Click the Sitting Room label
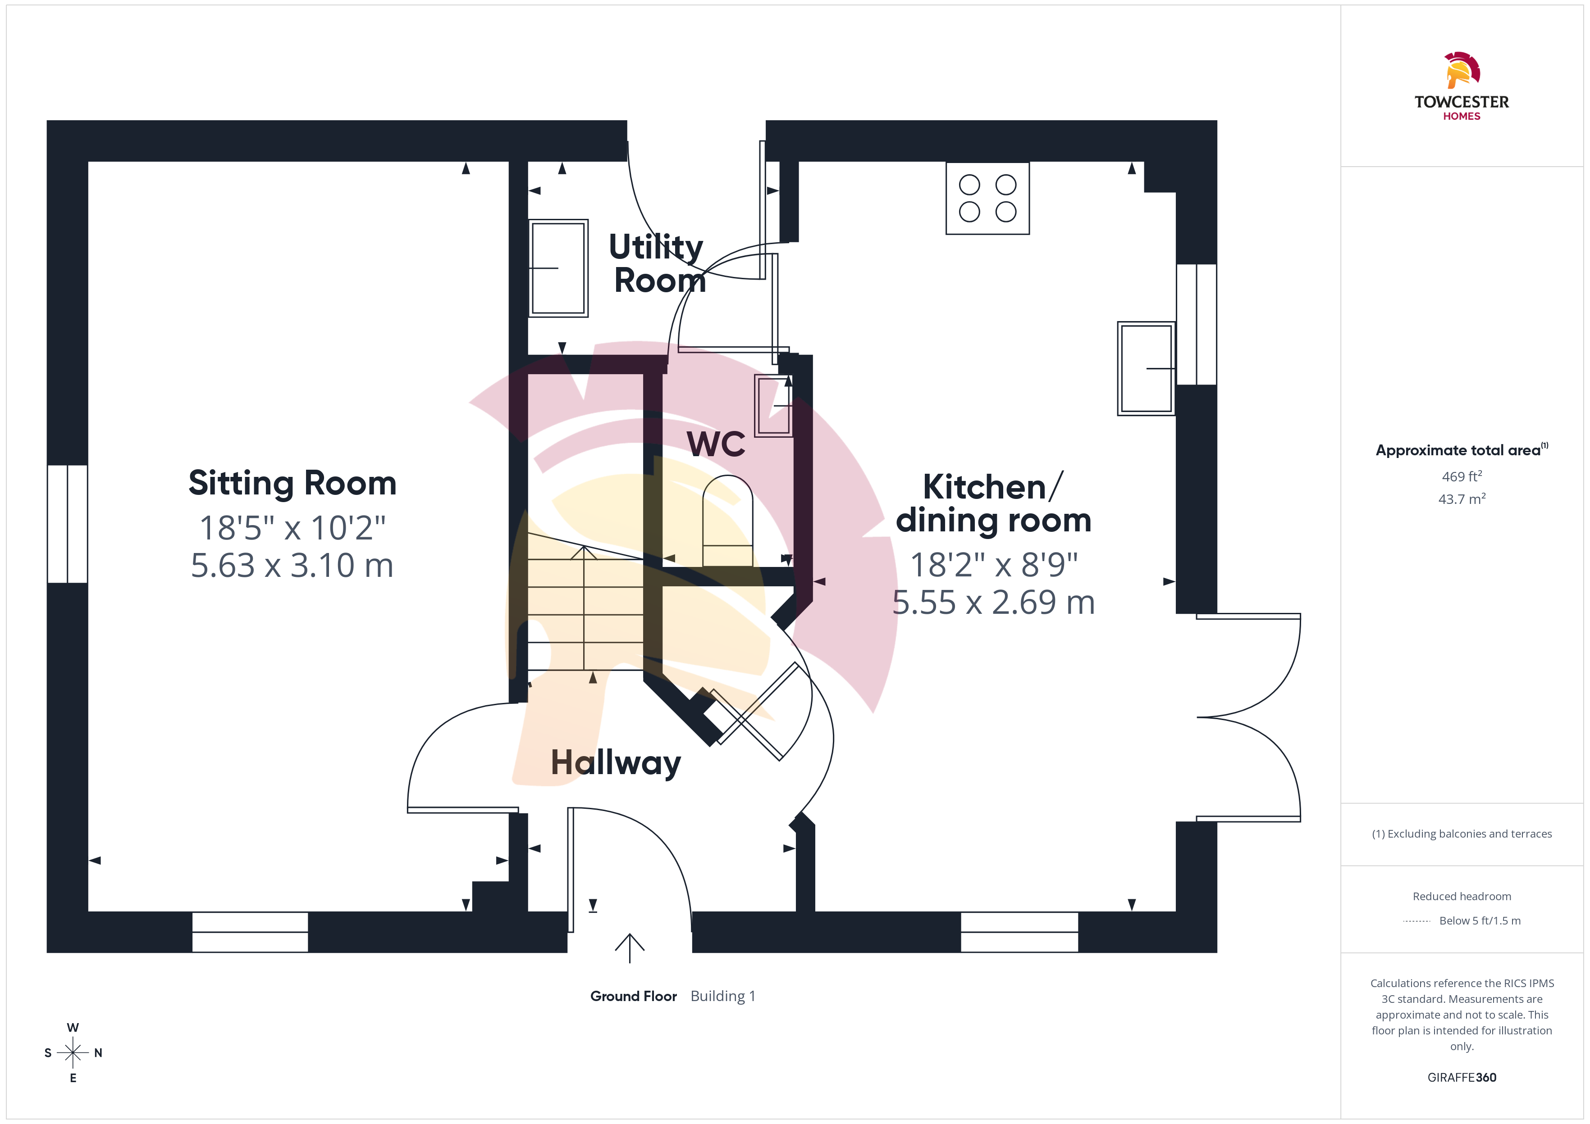pyautogui.click(x=292, y=483)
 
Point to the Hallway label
pyautogui.click(x=616, y=763)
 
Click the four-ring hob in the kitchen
pyautogui.click(x=987, y=199)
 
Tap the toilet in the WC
pyautogui.click(x=728, y=521)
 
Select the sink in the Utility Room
pyautogui.click(x=558, y=268)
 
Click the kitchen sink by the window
pyautogui.click(x=1146, y=368)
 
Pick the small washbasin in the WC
pyautogui.click(x=773, y=406)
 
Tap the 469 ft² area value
pyautogui.click(x=1462, y=476)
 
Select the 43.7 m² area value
pyautogui.click(x=1462, y=499)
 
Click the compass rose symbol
pyautogui.click(x=73, y=1053)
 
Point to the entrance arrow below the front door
pyautogui.click(x=630, y=948)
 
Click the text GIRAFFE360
pyautogui.click(x=1462, y=1078)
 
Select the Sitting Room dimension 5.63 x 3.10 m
pyautogui.click(x=292, y=566)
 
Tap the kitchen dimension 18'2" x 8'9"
pyautogui.click(x=994, y=565)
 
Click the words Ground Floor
pyautogui.click(x=634, y=996)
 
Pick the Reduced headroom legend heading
pyautogui.click(x=1462, y=896)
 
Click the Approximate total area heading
pyautogui.click(x=1462, y=450)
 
